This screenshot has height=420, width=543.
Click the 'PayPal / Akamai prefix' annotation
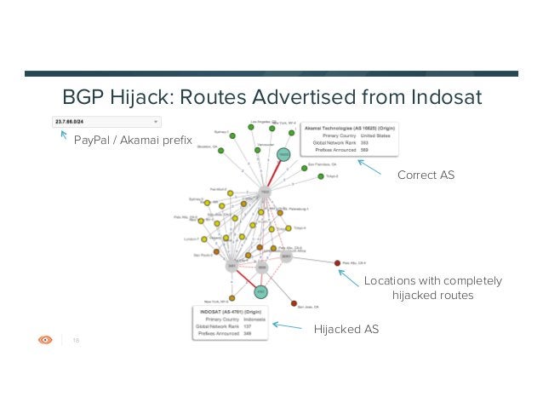pos(134,139)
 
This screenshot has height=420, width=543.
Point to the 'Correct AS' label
pos(426,175)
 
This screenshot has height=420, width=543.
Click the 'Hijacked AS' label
pos(346,329)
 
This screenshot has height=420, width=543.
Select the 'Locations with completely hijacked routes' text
pos(432,288)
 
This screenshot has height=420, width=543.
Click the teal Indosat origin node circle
pos(260,292)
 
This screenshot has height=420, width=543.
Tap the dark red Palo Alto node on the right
pos(338,262)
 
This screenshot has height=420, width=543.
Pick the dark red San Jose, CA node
pos(294,303)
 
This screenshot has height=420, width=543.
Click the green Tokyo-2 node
pos(320,176)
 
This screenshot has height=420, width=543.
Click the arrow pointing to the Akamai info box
pos(370,164)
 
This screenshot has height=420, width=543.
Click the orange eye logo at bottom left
pos(46,339)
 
